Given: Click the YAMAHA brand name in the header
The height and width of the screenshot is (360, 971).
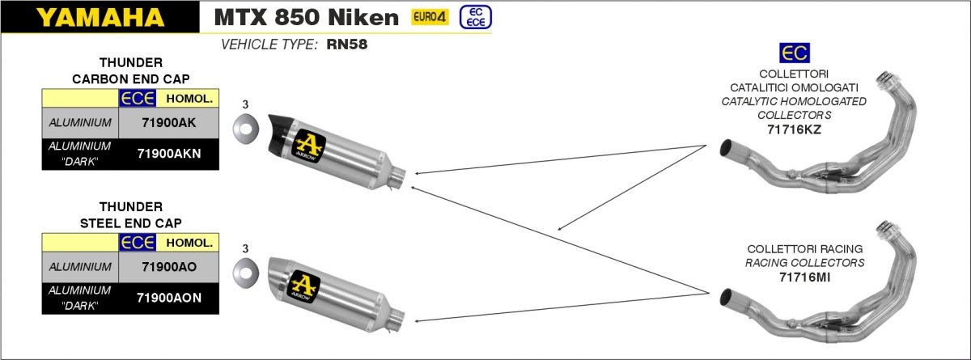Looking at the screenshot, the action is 100,17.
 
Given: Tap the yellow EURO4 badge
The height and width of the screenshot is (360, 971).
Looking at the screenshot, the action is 430,17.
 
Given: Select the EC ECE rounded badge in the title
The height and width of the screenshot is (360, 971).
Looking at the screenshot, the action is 476,17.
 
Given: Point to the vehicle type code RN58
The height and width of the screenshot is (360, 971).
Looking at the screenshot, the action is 347,44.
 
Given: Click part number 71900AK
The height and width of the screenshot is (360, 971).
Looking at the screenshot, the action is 168,123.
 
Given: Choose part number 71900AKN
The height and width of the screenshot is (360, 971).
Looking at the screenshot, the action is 169,154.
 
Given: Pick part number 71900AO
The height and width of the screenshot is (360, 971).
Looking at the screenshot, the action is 169,267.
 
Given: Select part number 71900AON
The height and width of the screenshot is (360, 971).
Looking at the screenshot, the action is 169,298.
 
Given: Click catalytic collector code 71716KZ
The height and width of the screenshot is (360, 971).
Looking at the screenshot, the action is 794,129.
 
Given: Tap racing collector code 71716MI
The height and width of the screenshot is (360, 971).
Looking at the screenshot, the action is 804,277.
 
